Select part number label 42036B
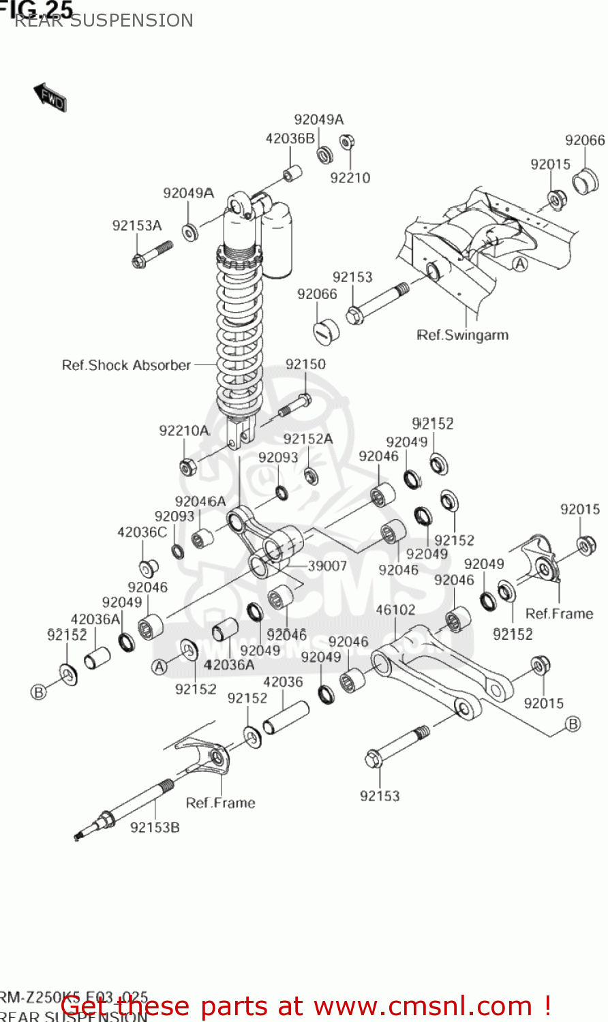pyautogui.click(x=290, y=138)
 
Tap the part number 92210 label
pyautogui.click(x=350, y=178)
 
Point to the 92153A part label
pyautogui.click(x=137, y=226)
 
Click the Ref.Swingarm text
pyautogui.click(x=462, y=335)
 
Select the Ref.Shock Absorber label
pyautogui.click(x=126, y=365)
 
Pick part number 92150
pyautogui.click(x=305, y=365)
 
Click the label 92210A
pyautogui.click(x=184, y=431)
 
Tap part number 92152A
pyautogui.click(x=308, y=439)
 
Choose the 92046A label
pyautogui.click(x=200, y=501)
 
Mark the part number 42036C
pyautogui.click(x=142, y=532)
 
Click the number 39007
pyautogui.click(x=327, y=566)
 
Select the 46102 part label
pyautogui.click(x=395, y=610)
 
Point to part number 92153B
pyautogui.click(x=155, y=828)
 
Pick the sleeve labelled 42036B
pyautogui.click(x=292, y=173)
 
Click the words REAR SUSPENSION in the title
pyautogui.click(x=104, y=20)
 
